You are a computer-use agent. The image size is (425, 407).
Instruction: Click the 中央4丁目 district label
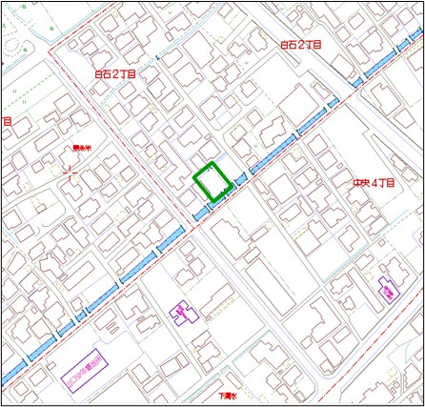[x=371, y=182]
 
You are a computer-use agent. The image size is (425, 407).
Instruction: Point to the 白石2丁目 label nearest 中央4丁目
[x=300, y=45]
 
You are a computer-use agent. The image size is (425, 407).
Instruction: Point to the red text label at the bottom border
[x=226, y=395]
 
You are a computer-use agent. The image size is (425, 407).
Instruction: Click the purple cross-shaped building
[x=180, y=311]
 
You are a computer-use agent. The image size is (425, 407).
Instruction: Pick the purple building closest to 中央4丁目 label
[x=388, y=289]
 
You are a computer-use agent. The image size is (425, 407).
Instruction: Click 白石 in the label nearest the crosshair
[x=103, y=73]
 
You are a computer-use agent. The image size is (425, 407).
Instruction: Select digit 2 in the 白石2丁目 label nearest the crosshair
[x=115, y=73]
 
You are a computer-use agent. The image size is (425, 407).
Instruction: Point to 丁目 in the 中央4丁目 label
[x=383, y=182]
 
